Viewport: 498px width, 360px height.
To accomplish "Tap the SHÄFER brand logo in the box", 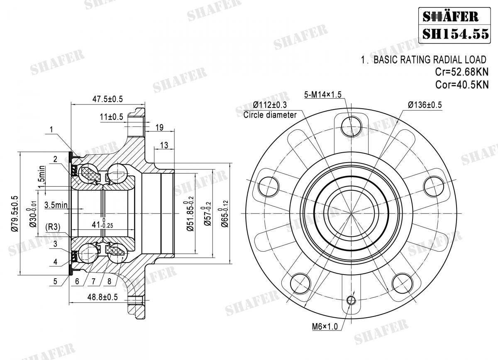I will click(450, 17).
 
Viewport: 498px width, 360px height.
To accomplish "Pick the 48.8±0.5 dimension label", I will click(102, 297).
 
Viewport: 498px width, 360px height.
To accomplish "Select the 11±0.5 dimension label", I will click(111, 117).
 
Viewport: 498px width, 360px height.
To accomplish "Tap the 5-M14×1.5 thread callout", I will click(322, 95).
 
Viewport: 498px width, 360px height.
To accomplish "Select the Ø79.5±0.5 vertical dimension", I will click(15, 213).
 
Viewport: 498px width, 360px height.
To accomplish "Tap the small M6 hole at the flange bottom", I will click(351, 300).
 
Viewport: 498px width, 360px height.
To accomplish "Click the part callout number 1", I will click(51, 130).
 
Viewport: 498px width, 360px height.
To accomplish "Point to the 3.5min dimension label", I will click(56, 204).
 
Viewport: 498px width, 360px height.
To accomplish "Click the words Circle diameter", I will click(270, 115).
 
